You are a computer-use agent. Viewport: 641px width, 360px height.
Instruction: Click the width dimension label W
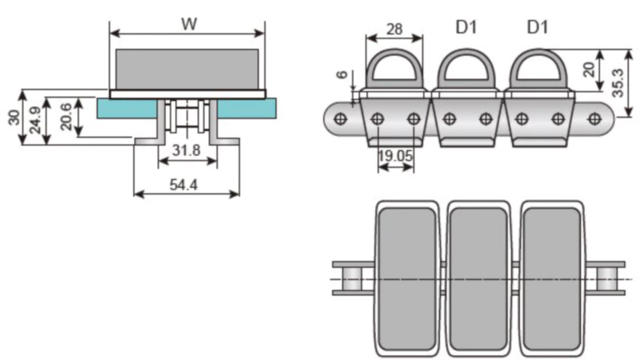(189, 23)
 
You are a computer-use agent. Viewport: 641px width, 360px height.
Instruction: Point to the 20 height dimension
(589, 68)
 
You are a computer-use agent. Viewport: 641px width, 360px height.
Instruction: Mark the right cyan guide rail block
(247, 108)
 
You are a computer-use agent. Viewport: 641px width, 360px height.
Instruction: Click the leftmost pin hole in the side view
(340, 119)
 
